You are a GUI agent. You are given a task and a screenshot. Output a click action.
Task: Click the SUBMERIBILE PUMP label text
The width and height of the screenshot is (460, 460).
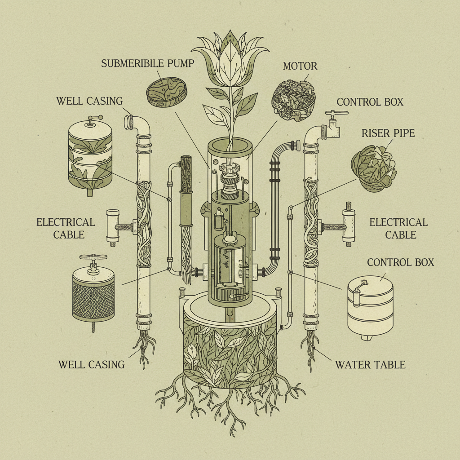(147, 63)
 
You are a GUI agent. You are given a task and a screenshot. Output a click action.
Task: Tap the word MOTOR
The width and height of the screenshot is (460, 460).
(300, 66)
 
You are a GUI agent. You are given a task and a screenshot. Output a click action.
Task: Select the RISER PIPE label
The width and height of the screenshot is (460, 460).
(388, 133)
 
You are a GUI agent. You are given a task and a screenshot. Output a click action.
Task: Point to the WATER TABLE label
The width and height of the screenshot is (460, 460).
(370, 364)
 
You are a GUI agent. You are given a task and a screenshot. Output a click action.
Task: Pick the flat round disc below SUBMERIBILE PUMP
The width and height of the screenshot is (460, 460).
(166, 93)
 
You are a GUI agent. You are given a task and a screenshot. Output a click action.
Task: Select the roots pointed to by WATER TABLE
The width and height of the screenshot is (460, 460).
(310, 348)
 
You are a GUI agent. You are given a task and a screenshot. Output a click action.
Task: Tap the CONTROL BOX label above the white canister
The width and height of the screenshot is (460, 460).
(400, 262)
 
